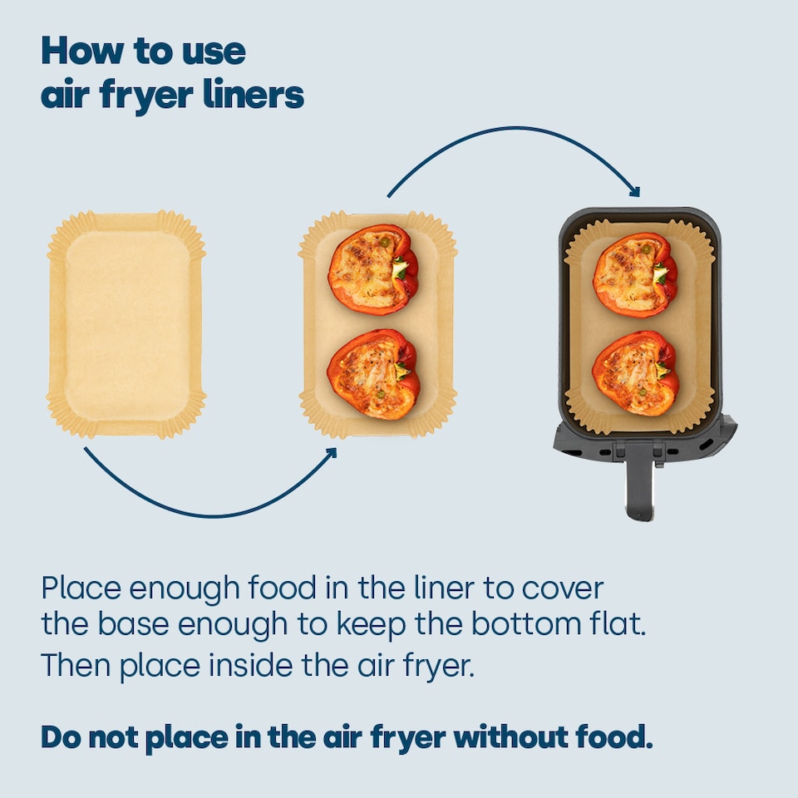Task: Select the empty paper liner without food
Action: (x=126, y=324)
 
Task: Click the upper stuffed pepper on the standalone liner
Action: (x=372, y=268)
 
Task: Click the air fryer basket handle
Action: (x=639, y=482)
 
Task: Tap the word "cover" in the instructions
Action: (x=562, y=589)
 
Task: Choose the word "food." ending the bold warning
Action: (x=611, y=736)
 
